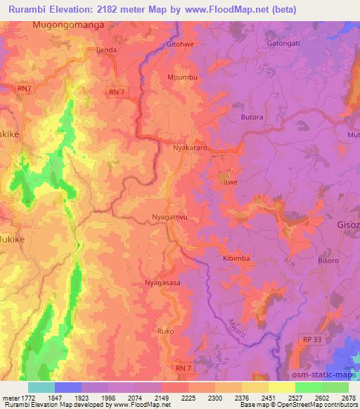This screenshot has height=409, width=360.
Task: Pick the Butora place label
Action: coord(252,117)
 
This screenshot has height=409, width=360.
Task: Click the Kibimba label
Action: coord(236,258)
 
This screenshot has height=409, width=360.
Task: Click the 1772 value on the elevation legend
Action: coord(20,397)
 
